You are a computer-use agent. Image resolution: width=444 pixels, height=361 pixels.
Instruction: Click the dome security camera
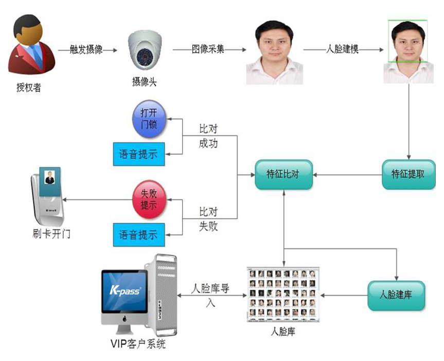tap(145, 50)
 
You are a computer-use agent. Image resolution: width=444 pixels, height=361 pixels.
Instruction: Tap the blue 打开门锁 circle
tap(149, 119)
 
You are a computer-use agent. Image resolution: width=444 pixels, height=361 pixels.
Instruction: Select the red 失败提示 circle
tap(149, 200)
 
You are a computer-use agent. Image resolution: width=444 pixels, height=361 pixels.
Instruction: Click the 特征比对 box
tap(283, 174)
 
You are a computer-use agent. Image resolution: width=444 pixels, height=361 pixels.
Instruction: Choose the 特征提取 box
tap(409, 174)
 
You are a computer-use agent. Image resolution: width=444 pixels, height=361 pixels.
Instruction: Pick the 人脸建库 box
tap(396, 296)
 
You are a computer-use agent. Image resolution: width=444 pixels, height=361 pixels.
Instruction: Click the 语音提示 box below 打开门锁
tap(139, 154)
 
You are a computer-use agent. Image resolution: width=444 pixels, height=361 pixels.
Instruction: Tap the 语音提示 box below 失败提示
tap(139, 235)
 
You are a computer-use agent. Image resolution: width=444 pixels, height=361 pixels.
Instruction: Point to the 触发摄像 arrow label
tap(86, 50)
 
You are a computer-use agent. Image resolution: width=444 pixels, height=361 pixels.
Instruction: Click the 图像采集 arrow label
tap(208, 50)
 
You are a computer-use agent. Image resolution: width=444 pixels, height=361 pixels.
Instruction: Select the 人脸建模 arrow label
tap(343, 49)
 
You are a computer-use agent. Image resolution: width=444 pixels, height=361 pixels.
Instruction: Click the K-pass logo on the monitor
tap(125, 291)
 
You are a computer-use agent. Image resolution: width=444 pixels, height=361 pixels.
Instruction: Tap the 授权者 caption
tap(29, 87)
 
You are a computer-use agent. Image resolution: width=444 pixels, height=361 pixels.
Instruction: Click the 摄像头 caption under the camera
tap(145, 82)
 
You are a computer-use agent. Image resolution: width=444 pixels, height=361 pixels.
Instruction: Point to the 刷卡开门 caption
tap(51, 234)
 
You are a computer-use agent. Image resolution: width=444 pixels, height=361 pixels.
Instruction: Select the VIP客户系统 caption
tap(138, 344)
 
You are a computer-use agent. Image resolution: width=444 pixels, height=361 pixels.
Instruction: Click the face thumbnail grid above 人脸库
tap(283, 294)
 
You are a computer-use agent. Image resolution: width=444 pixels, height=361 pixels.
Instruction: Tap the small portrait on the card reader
tap(50, 177)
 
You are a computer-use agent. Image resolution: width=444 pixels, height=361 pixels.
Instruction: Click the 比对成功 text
tap(208, 136)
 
